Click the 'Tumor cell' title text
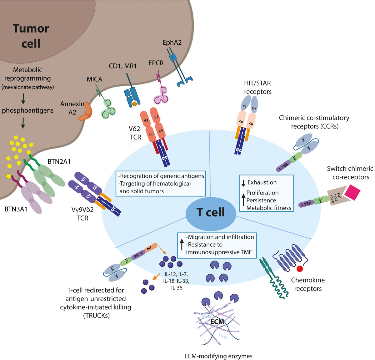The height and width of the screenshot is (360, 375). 31,36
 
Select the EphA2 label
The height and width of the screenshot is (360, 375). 172,43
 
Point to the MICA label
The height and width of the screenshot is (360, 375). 94,79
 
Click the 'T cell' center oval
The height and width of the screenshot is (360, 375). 211,212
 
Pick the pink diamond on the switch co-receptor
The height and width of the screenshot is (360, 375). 352,192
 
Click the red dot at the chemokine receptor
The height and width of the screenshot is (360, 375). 300,268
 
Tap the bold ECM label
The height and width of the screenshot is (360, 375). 217,322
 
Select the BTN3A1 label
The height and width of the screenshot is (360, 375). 16,209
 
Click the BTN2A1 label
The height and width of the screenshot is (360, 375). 59,162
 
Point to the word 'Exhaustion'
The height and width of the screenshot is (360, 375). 262,182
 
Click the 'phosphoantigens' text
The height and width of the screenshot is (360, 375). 27,110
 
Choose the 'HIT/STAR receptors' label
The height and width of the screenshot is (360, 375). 257,87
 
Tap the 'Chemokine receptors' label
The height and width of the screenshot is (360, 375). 308,284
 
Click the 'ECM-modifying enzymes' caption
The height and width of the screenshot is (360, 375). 218,356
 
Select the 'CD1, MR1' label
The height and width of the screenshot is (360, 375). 122,66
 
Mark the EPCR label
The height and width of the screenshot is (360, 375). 156,63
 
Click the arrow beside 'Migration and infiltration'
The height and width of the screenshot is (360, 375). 182,244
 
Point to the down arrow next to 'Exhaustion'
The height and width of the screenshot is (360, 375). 243,183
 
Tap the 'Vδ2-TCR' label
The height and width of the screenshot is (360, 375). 135,133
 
